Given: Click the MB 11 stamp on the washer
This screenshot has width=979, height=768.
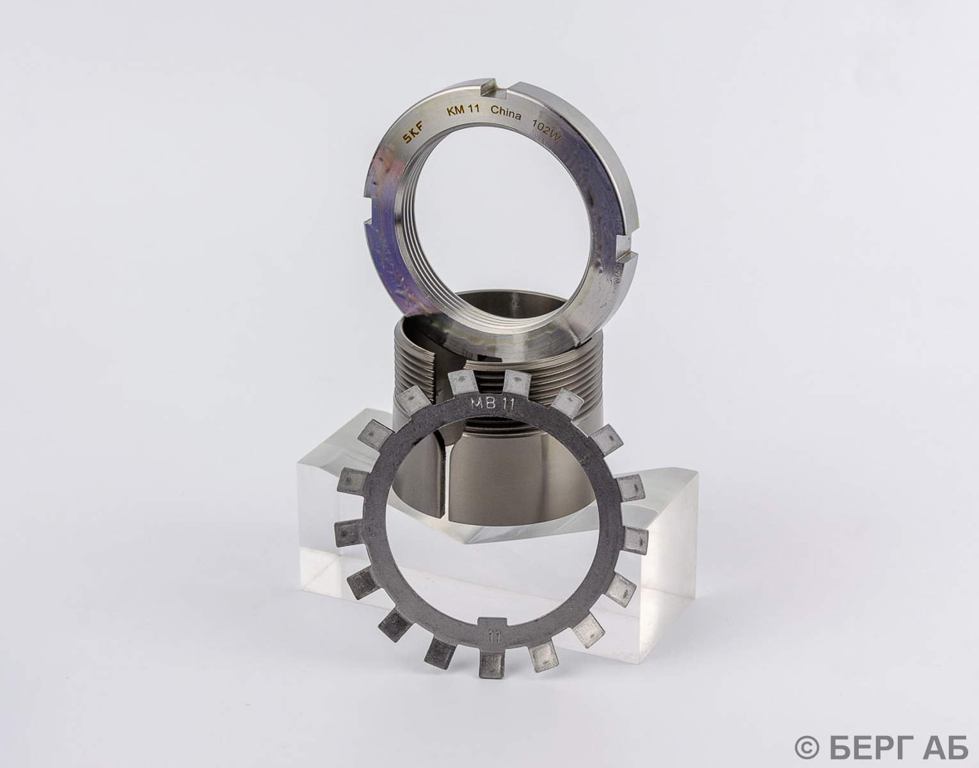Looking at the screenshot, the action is [491, 404].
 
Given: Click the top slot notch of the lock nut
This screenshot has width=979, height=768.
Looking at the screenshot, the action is [495, 87].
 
